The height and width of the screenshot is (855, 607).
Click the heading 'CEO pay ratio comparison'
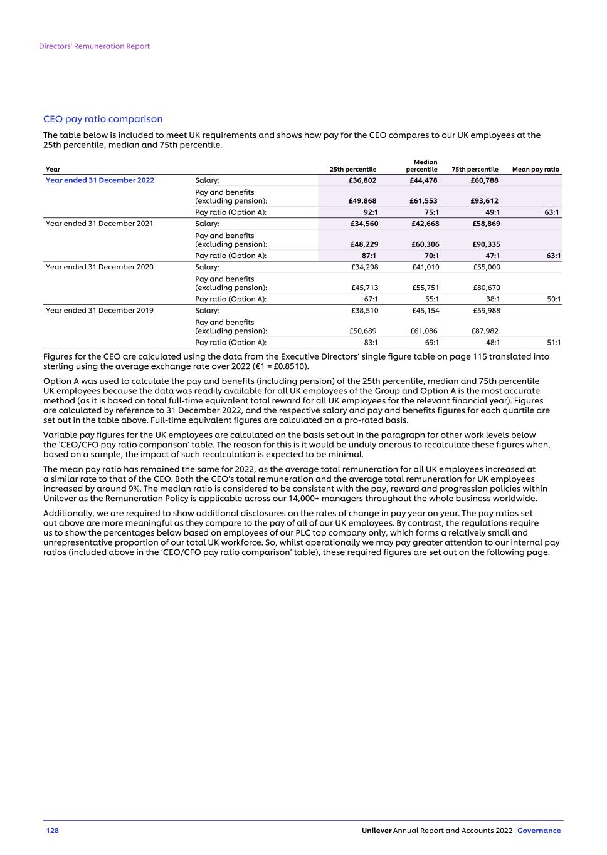click(x=103, y=119)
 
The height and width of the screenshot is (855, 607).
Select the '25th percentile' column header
click(x=353, y=169)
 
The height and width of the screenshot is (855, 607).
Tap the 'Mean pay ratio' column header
click(x=536, y=169)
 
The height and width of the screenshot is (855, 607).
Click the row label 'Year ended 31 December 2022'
click(x=100, y=180)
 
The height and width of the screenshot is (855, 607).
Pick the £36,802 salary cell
click(x=362, y=180)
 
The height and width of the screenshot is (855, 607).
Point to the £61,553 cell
click(x=425, y=201)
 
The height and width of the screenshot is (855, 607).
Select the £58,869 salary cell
click(x=485, y=224)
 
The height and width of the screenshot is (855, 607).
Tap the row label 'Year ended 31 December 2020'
click(x=99, y=267)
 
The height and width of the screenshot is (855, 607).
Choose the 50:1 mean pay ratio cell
click(x=554, y=299)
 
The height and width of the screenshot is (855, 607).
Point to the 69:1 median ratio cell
click(x=432, y=343)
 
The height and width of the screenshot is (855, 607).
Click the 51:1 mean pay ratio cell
click(x=554, y=343)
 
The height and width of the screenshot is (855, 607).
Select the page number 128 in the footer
click(x=52, y=831)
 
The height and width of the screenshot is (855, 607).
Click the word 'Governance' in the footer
click(x=539, y=831)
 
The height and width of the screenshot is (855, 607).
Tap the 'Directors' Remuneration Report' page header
click(x=94, y=46)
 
